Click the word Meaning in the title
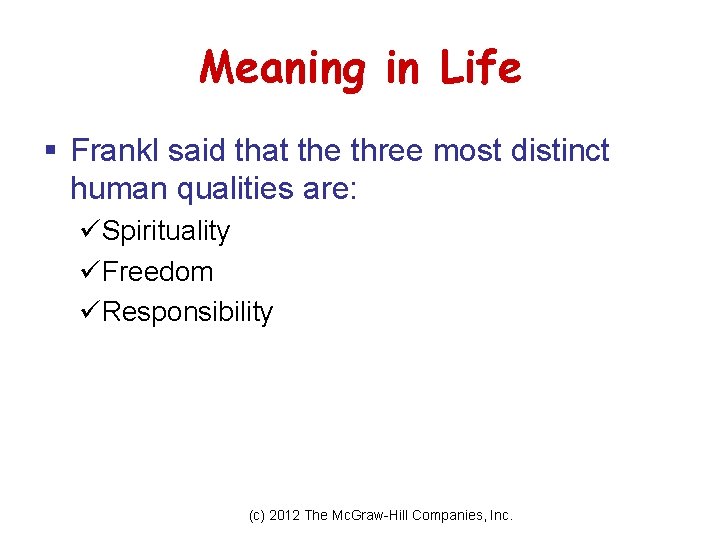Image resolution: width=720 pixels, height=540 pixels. point(283,69)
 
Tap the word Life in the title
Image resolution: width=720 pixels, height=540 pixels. point(479,69)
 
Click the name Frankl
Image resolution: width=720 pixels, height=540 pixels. point(115,151)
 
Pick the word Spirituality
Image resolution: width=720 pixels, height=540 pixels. point(166,231)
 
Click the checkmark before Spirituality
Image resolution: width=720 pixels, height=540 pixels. point(88,231)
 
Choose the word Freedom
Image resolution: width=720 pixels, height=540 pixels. point(157,271)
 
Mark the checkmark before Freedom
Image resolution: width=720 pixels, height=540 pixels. point(88,271)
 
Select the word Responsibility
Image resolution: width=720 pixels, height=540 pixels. point(187,312)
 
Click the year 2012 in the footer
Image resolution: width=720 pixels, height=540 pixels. point(285,516)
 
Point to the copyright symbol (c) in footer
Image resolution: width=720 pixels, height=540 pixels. point(257,516)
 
